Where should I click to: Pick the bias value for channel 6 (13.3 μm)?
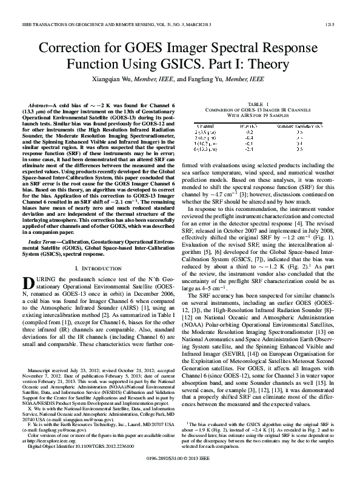pyautogui.click(x=256, y=148)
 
